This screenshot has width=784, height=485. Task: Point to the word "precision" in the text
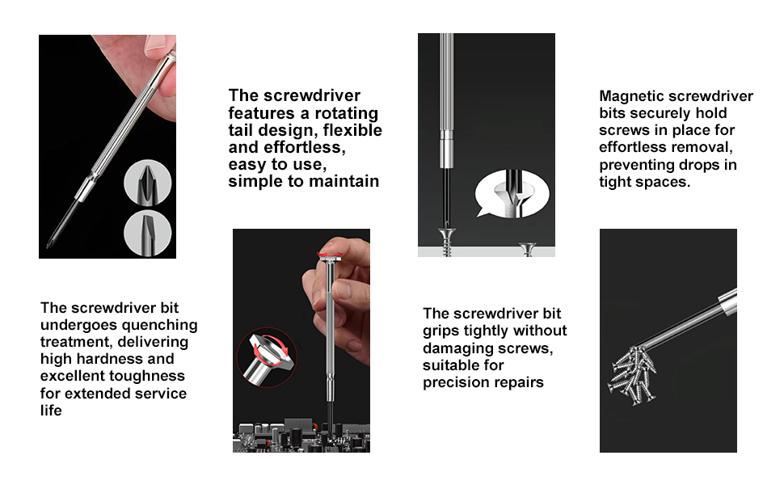coord(457,382)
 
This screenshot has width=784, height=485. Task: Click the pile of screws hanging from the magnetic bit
coord(633,374)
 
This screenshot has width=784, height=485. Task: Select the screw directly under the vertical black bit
coord(447,241)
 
